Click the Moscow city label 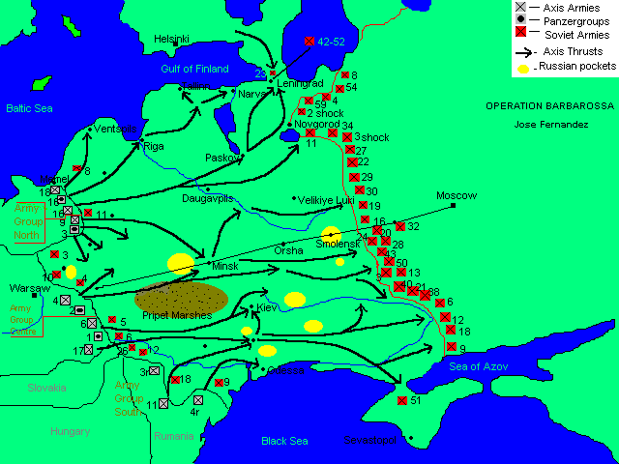(x=457, y=194)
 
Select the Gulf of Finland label (x=194, y=69)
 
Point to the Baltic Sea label (x=28, y=109)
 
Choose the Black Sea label (x=284, y=441)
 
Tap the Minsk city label (x=224, y=265)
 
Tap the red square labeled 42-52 (x=309, y=42)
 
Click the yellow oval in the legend (x=523, y=69)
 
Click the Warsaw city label (x=28, y=288)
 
